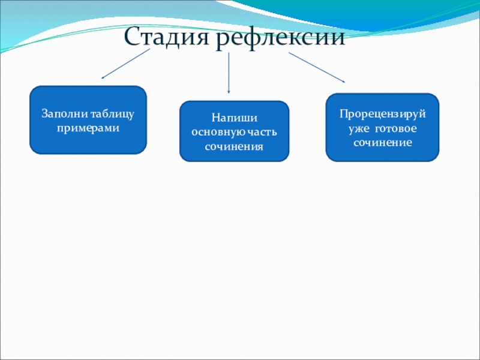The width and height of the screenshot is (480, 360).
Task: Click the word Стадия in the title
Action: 167,38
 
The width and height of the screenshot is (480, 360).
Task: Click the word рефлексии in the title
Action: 280,38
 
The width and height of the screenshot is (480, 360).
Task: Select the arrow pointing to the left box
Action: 126,64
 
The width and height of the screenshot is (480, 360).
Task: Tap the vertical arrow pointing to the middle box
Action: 229,72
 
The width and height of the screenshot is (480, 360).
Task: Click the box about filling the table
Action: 88,120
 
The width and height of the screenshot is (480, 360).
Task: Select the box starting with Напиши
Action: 234,131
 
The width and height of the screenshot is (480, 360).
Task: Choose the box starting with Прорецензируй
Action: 382,127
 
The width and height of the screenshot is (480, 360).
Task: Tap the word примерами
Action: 88,128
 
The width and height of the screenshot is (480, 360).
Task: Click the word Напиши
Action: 234,118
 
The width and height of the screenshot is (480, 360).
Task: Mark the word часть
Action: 263,132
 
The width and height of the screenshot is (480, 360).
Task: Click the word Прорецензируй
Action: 382,113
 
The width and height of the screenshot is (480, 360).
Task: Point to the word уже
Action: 359,128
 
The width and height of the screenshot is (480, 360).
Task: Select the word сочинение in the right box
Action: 382,143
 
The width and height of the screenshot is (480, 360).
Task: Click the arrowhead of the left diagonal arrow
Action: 103,77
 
